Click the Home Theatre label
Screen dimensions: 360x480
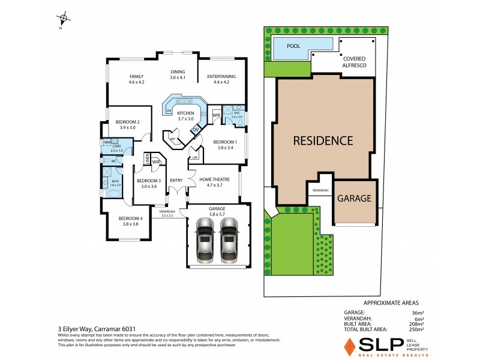click(x=215, y=182)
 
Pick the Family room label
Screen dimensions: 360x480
click(x=137, y=79)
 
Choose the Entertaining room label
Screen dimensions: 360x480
click(x=221, y=79)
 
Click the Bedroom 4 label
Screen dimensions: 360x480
click(x=130, y=221)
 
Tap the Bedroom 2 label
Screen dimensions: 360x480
click(x=127, y=124)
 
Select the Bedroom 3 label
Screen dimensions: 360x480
click(x=148, y=184)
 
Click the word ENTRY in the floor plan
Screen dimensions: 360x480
click(x=176, y=180)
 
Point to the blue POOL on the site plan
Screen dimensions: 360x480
click(x=295, y=46)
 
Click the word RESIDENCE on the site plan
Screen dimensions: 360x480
click(x=323, y=141)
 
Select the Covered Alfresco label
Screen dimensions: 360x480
click(x=355, y=62)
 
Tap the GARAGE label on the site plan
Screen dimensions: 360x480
click(x=354, y=199)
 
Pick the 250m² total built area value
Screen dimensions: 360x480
click(x=416, y=329)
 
